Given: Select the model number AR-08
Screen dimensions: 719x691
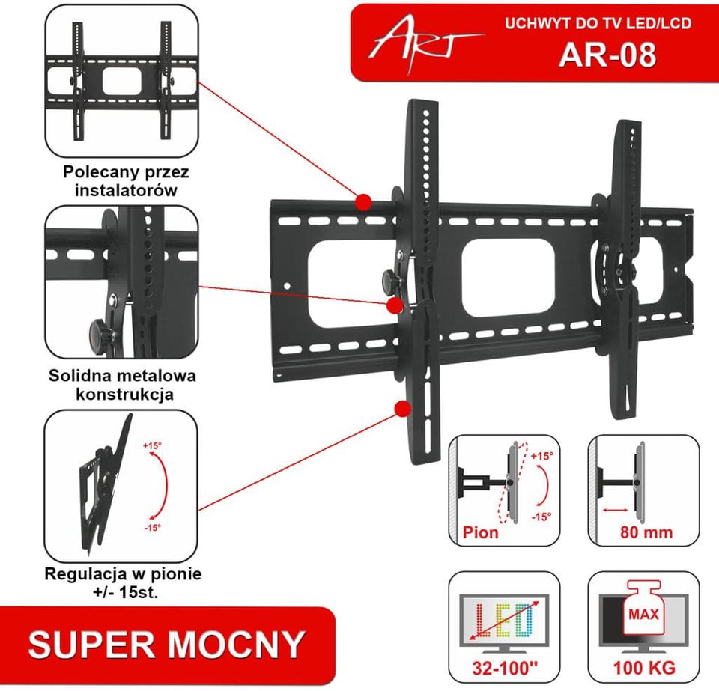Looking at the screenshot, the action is click(607, 55).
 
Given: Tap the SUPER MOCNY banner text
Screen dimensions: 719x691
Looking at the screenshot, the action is click(166, 645).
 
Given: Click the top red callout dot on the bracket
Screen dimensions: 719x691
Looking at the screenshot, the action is click(364, 202).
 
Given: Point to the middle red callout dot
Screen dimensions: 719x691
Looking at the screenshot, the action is click(395, 305).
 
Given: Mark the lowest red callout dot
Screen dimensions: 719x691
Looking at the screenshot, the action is click(403, 409).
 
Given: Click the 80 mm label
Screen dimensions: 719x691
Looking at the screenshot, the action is click(646, 532).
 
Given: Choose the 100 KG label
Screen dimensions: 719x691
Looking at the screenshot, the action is click(645, 668).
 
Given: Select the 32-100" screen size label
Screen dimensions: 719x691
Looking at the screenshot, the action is click(504, 668).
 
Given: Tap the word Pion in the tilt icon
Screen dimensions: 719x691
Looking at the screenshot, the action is click(480, 532).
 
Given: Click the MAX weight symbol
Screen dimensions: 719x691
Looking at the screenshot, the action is click(643, 609).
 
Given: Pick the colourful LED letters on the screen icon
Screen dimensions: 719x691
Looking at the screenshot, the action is click(504, 620).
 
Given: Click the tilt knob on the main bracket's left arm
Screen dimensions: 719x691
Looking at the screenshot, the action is click(391, 278).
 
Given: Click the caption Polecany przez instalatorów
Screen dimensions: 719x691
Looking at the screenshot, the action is click(126, 181).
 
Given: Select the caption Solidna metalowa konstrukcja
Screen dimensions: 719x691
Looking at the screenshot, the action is click(123, 385).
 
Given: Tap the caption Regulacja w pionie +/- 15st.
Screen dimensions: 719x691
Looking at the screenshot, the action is click(123, 582).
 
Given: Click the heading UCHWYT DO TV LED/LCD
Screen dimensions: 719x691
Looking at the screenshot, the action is click(598, 23).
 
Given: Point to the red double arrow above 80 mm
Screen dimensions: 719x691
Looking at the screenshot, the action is click(616, 510).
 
